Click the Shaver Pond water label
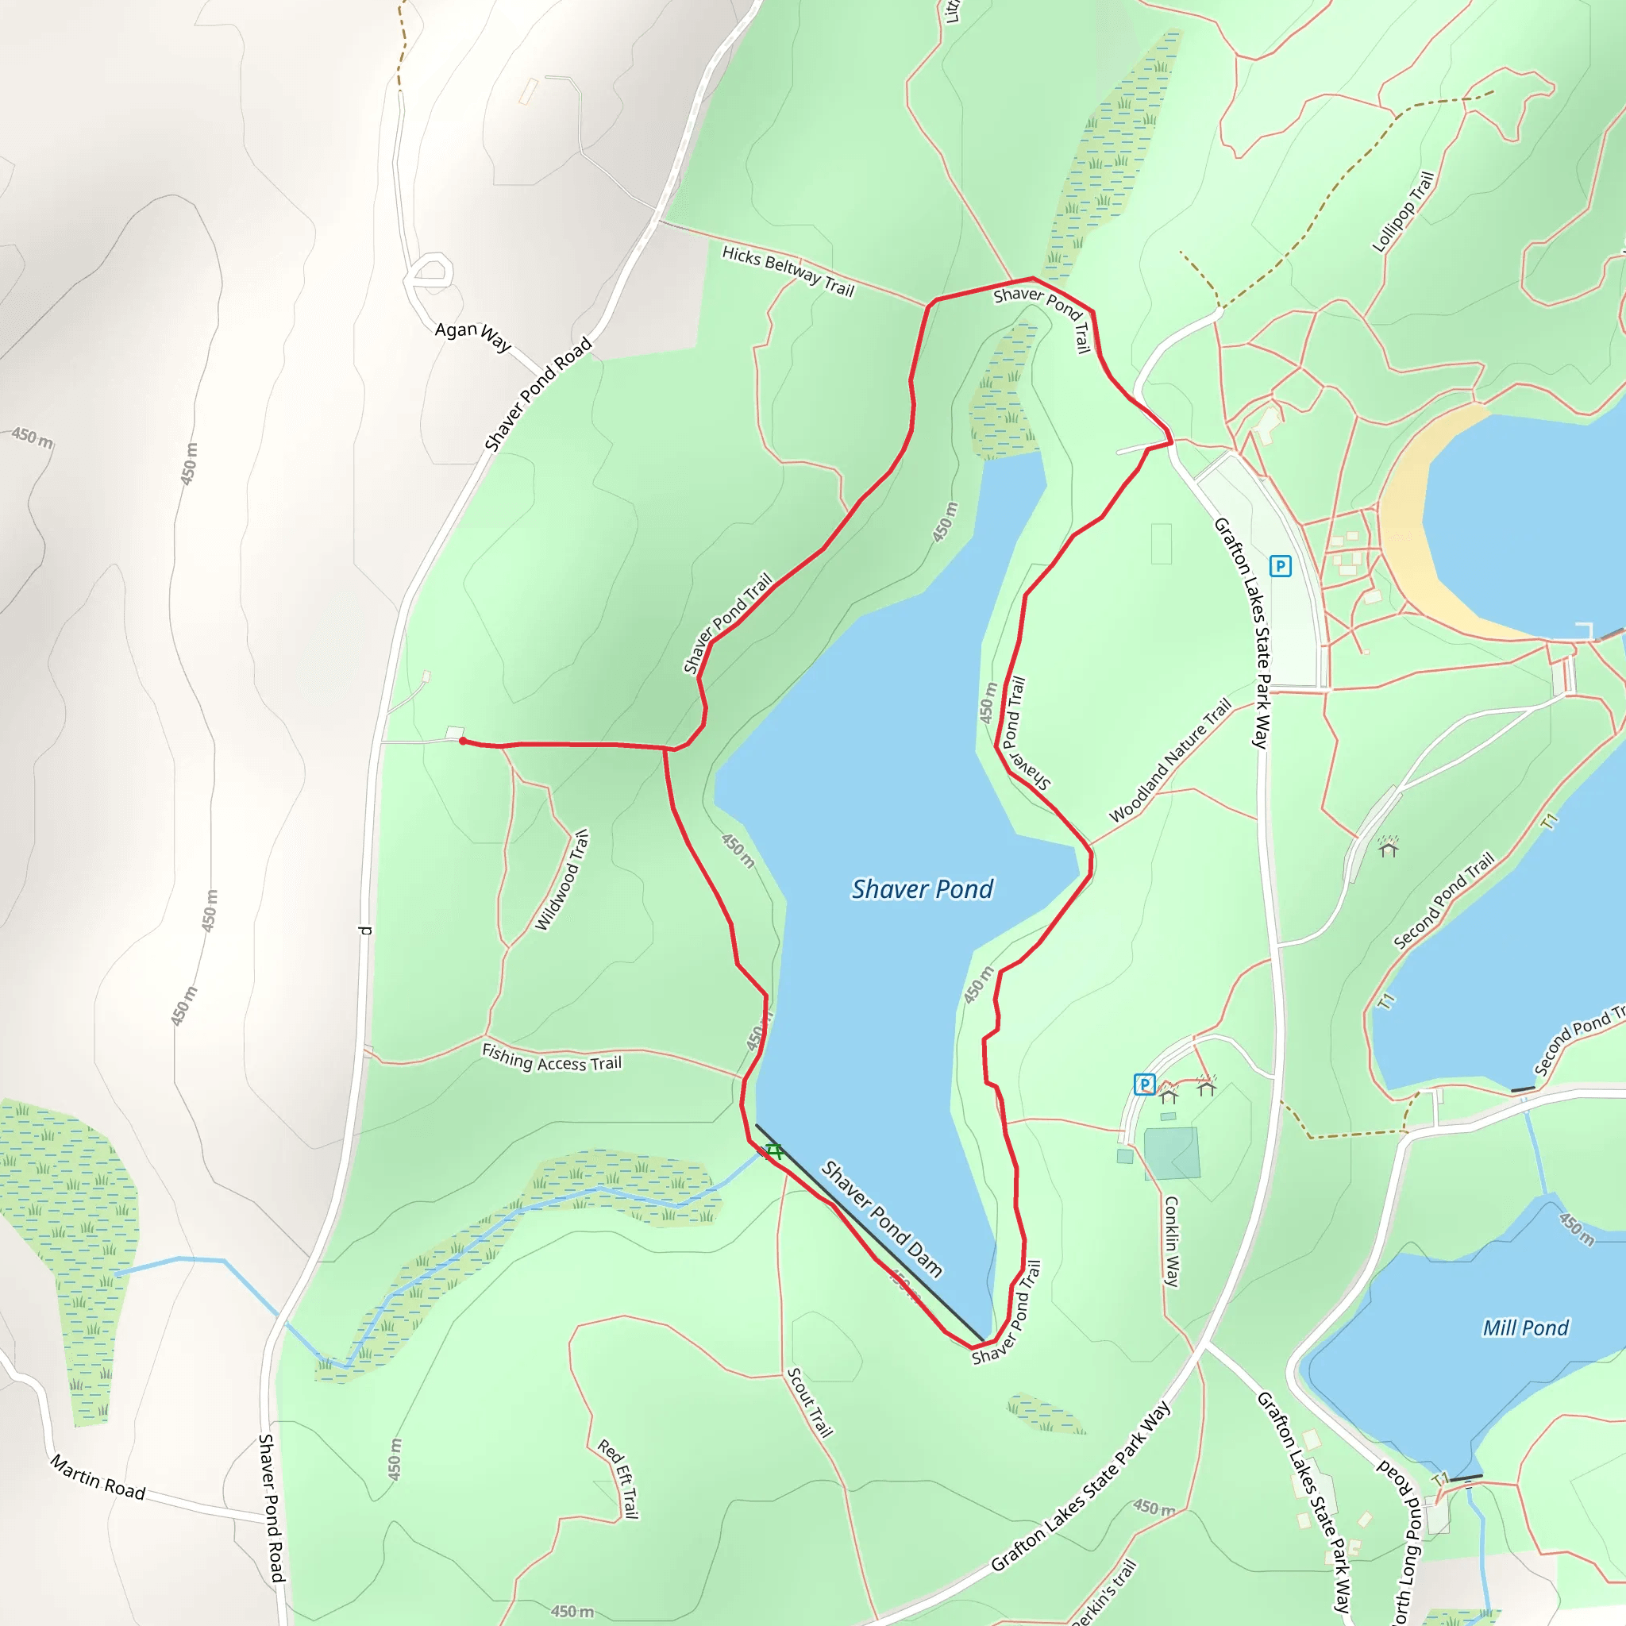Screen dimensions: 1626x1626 coord(922,889)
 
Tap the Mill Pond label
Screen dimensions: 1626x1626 coord(1525,1328)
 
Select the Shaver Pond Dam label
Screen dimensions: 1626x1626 coord(881,1218)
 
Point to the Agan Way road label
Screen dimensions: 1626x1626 coord(472,335)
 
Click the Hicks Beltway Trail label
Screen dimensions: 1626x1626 coord(788,271)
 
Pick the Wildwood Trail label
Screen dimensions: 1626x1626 coord(562,880)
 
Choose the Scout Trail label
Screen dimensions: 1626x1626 coord(810,1402)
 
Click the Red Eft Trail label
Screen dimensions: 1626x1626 coord(618,1478)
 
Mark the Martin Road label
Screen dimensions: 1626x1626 coord(98,1477)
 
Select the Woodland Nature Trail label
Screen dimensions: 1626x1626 coord(1169,761)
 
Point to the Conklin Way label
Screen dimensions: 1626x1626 coord(1172,1242)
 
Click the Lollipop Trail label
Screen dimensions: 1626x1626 coord(1402,212)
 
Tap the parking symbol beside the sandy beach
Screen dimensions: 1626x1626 coord(1280,565)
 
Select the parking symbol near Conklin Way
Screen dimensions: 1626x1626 coord(1144,1084)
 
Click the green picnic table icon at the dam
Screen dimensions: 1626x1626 coord(773,1150)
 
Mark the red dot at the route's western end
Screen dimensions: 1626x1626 coord(463,741)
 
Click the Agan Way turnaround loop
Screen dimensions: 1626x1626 coord(430,272)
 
